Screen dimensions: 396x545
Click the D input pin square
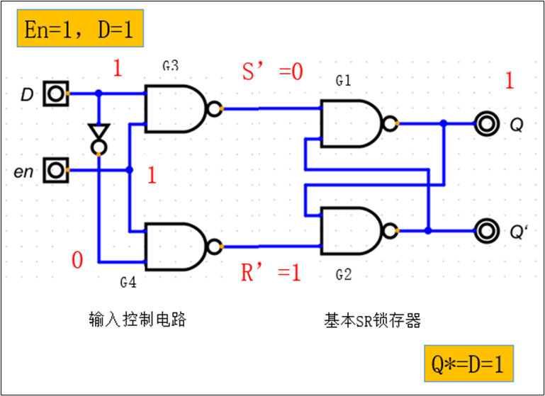pos(55,94)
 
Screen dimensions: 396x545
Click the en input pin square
pos(55,170)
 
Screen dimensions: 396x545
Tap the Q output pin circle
pos(486,124)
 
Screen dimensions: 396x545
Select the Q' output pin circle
pos(486,230)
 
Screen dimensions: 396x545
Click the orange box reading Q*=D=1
pos(467,364)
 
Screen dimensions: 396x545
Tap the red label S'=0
pos(272,72)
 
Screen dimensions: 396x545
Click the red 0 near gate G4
pos(77,261)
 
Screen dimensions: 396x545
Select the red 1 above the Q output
pos(509,81)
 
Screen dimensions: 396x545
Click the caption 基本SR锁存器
pos(372,320)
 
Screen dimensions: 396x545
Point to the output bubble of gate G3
pos(213,109)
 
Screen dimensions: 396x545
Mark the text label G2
pos(344,275)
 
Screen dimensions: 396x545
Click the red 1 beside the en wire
pos(151,176)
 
